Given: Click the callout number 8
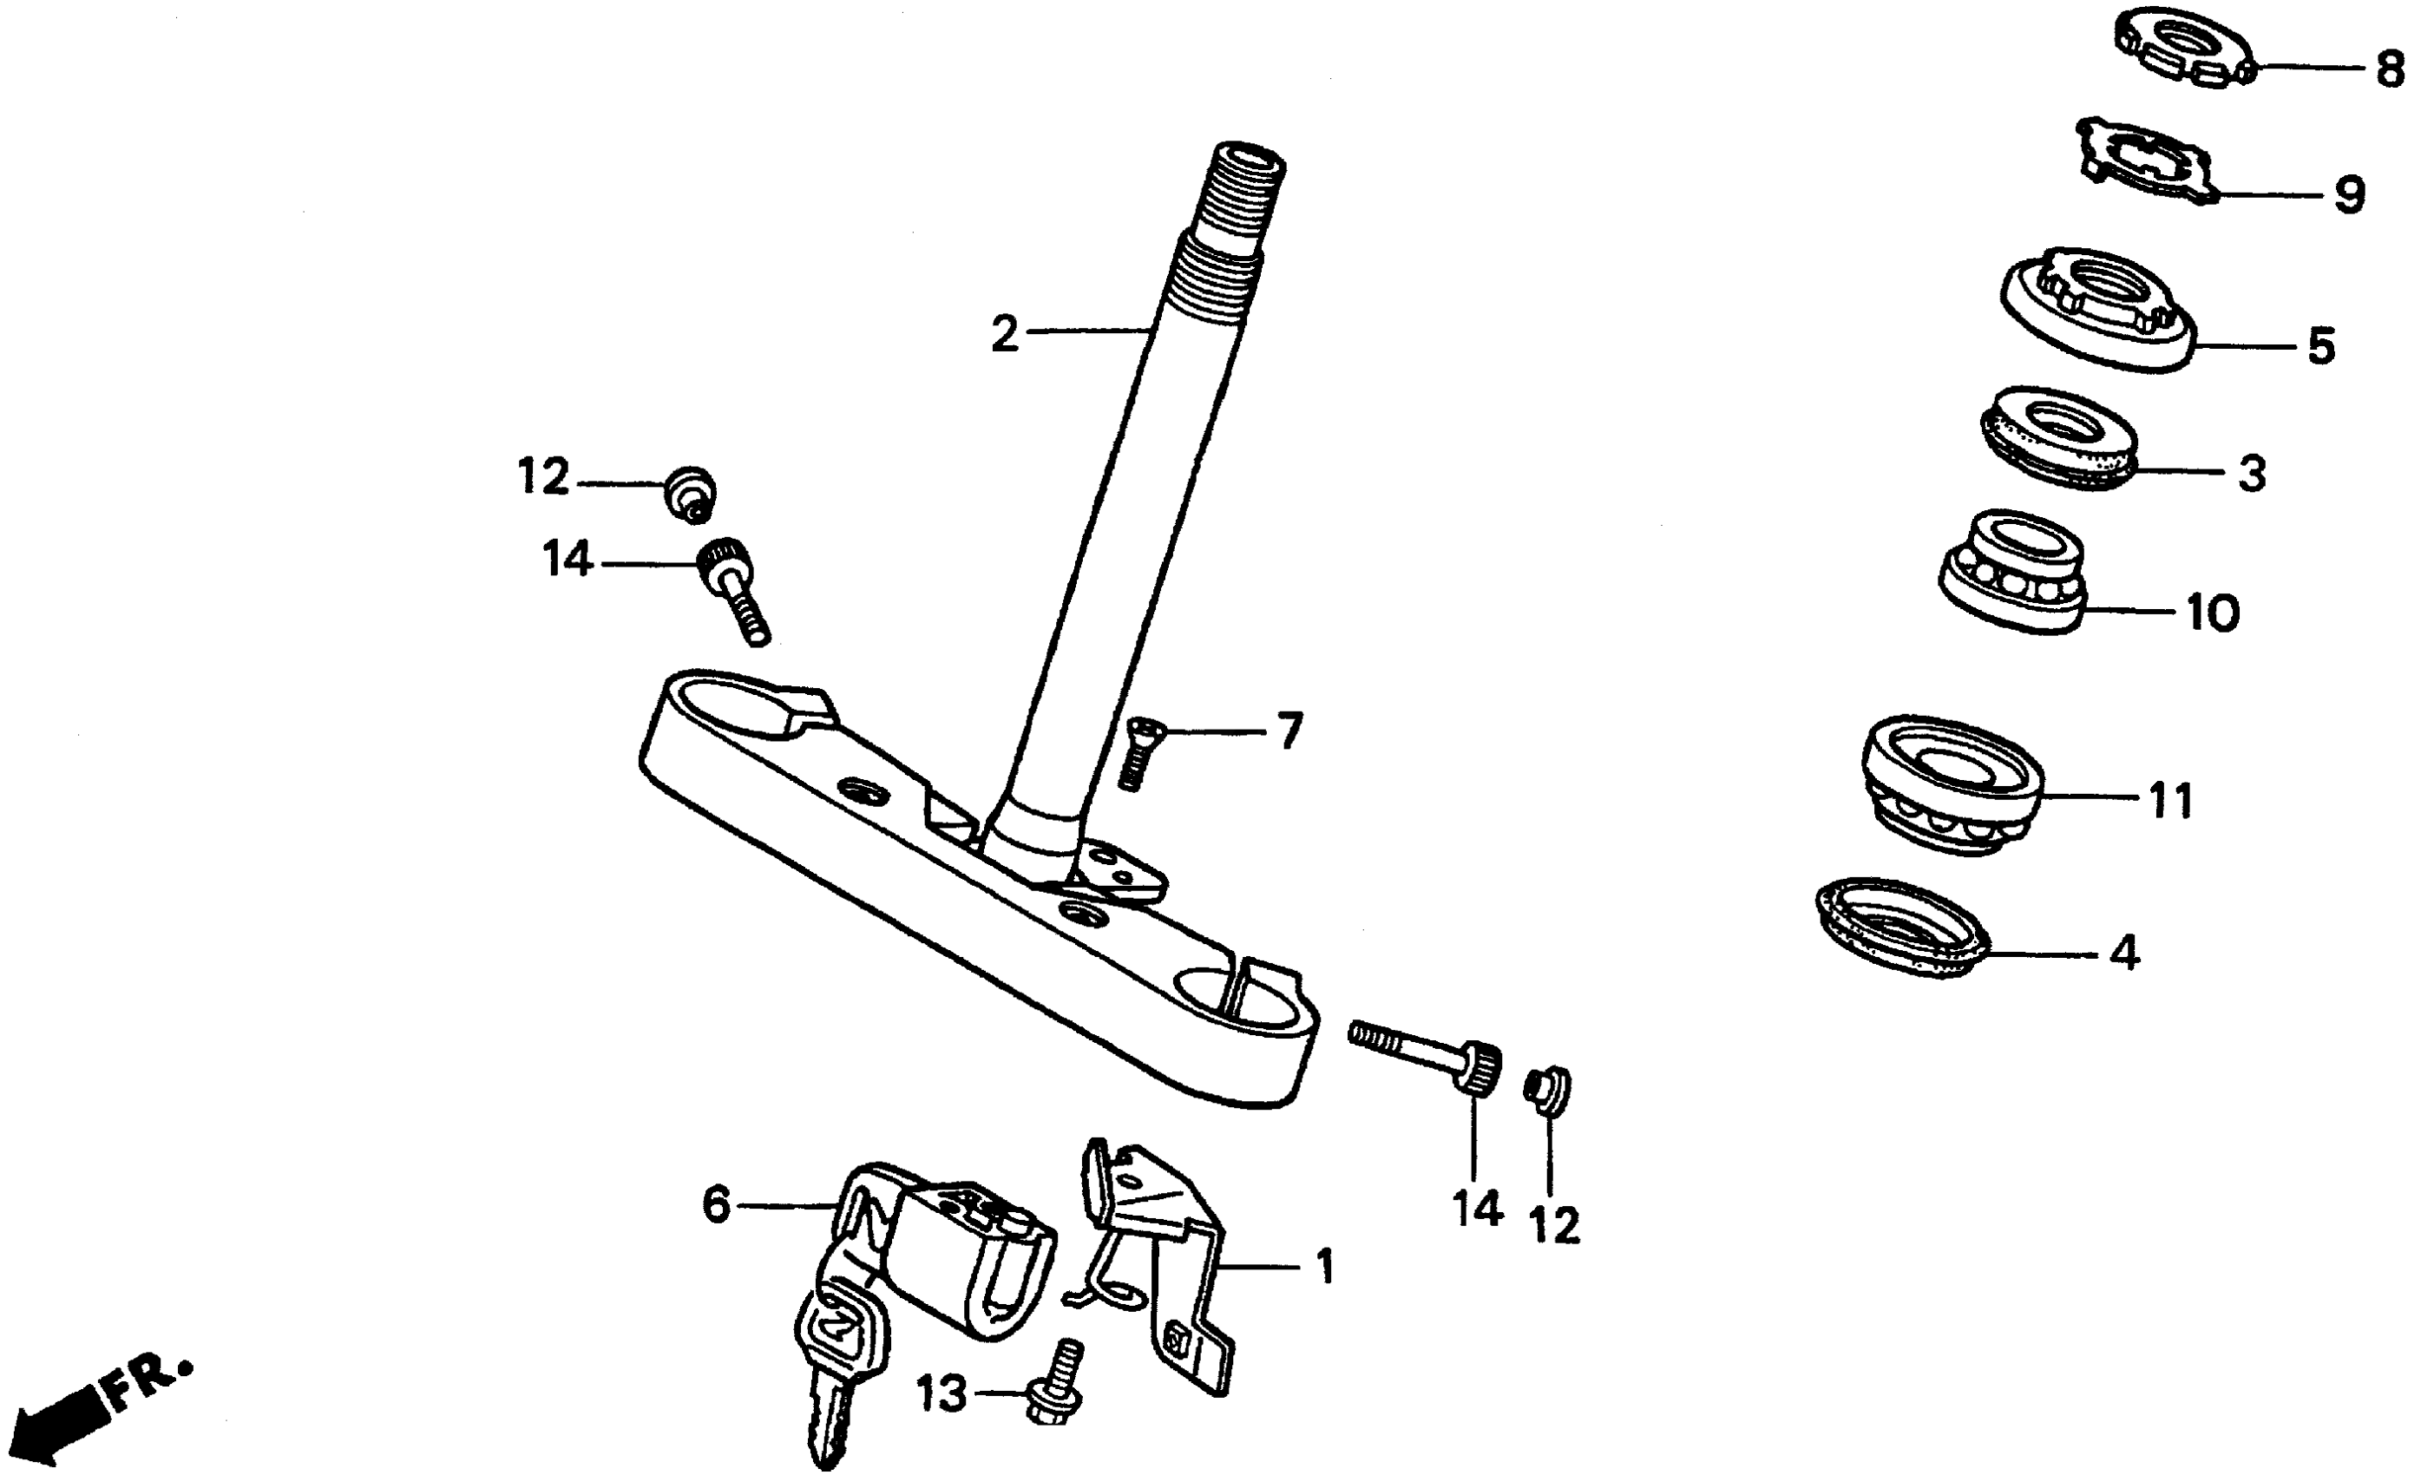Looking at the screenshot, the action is pyautogui.click(x=2390, y=69).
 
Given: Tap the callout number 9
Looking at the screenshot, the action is pyautogui.click(x=2349, y=195).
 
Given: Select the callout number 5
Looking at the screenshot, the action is pyautogui.click(x=2321, y=346).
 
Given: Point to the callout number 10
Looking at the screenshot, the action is pyautogui.click(x=2213, y=613).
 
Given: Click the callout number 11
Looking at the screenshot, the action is pyautogui.click(x=2171, y=801).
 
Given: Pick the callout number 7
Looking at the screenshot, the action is pyautogui.click(x=1289, y=731).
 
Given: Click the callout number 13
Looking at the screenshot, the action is pyautogui.click(x=941, y=1393).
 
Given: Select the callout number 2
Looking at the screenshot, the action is pyautogui.click(x=1004, y=334).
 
